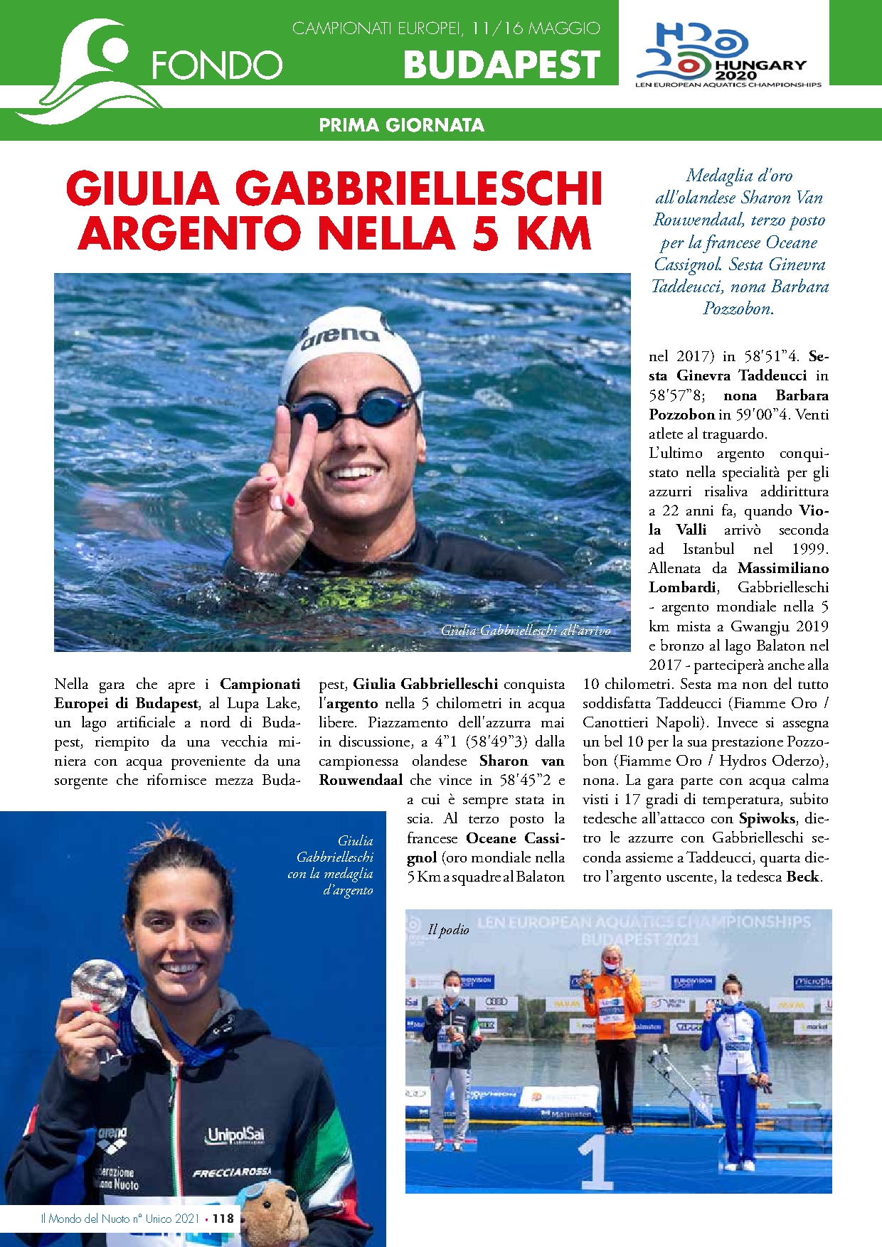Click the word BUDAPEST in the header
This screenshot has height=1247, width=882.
[501, 65]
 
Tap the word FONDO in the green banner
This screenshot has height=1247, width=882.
[217, 65]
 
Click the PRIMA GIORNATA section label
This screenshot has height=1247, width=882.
[401, 125]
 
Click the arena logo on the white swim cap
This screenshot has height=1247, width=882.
[340, 336]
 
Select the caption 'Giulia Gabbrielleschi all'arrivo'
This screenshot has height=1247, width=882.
[525, 630]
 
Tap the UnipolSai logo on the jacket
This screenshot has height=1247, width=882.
[235, 1135]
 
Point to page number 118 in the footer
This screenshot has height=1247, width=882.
[223, 1218]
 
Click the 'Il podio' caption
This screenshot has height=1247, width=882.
[448, 929]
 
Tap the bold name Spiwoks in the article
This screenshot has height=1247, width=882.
[766, 818]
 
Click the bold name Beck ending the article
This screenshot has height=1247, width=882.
[802, 877]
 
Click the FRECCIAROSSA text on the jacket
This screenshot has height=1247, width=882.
[231, 1172]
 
